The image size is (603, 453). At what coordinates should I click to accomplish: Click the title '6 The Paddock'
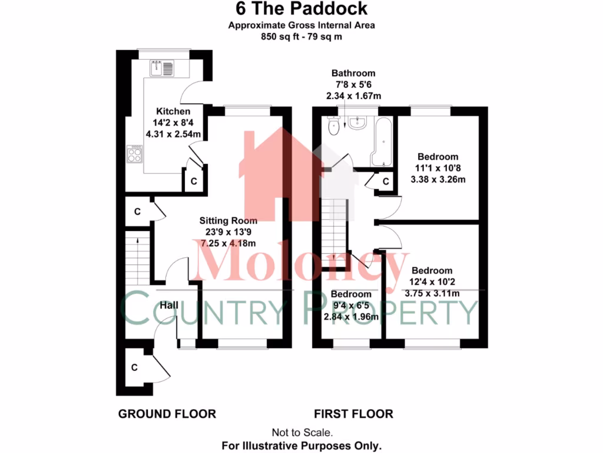coord(301,9)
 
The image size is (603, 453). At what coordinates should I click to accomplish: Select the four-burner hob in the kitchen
coord(134,155)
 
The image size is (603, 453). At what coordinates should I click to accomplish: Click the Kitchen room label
coord(173,111)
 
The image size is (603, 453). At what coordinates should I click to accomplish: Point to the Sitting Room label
coord(228,221)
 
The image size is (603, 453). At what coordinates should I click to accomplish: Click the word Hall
coord(169,305)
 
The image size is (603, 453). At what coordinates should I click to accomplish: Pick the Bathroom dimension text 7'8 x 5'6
coord(353,84)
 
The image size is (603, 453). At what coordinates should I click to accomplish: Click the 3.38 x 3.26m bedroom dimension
coord(438,179)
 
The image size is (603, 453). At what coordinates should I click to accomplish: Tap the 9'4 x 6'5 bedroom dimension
coord(351,305)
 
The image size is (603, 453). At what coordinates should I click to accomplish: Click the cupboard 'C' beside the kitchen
coord(194,181)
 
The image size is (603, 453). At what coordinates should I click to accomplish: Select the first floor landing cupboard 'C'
coord(386,182)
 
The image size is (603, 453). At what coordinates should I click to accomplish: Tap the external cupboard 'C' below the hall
coord(134,367)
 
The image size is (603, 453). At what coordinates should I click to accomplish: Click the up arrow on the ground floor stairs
coord(137,240)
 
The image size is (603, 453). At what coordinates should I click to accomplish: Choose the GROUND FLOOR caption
coord(167,413)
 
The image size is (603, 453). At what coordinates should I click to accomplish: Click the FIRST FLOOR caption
coord(353,413)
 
